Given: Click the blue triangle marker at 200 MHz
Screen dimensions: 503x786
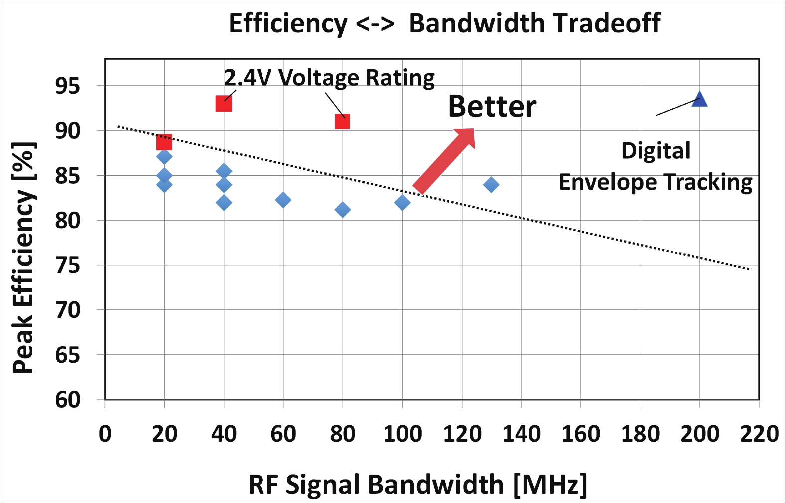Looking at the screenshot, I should point(700,100).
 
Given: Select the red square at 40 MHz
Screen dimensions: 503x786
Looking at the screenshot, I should point(224,104).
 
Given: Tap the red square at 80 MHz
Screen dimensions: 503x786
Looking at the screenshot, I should point(342,121).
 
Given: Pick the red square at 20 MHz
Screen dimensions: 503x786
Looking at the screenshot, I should point(164,142).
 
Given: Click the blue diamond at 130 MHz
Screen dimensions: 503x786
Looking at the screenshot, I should point(491,185).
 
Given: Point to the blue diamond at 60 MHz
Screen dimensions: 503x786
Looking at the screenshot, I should point(283,200).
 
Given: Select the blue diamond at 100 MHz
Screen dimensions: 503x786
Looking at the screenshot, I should point(402,202).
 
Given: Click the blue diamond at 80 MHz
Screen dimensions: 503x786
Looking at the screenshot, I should point(342,210).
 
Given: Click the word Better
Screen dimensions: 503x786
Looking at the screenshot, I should point(492,107).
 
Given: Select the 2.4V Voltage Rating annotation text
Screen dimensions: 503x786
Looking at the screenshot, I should point(329,78).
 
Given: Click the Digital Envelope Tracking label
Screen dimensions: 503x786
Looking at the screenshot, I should point(656,167).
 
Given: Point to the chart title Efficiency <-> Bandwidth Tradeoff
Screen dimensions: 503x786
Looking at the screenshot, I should point(444,23).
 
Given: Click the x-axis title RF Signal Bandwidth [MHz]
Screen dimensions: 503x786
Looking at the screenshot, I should point(418,484).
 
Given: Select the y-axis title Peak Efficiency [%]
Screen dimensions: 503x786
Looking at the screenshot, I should point(23,257).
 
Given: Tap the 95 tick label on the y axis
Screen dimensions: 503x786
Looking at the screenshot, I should point(67,86).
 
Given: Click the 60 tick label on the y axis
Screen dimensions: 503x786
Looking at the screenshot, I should point(67,400).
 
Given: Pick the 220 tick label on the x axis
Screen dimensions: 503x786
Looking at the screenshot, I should point(759,434).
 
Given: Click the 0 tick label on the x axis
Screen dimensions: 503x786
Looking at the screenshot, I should point(105,434).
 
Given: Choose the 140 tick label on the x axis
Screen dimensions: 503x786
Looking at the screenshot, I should point(521,434).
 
